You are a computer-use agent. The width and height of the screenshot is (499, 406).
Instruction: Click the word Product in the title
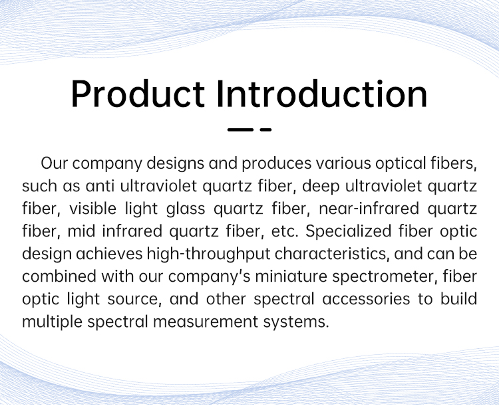point(138,94)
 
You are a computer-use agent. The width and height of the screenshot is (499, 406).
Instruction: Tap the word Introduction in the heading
point(322,94)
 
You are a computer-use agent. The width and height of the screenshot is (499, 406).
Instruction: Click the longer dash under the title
point(240,130)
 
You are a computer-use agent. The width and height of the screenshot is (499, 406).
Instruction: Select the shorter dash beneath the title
point(265,130)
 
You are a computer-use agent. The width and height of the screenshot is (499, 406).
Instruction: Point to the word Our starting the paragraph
point(55,163)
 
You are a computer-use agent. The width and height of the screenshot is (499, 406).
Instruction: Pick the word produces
point(276,163)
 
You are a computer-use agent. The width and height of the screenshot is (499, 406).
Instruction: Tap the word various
point(343,163)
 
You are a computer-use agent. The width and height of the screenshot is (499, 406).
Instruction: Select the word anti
point(100,186)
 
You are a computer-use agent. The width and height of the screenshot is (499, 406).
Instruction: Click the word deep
point(321,187)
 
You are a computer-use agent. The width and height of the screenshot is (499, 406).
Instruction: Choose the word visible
point(92,209)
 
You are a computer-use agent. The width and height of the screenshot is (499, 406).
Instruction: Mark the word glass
point(186,209)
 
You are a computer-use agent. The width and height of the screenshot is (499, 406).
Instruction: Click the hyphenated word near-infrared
point(369,209)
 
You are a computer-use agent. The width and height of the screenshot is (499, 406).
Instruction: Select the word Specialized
point(349,232)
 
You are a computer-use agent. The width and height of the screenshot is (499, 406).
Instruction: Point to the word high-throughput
point(208,254)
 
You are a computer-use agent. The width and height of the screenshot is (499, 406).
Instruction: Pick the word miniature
point(291,276)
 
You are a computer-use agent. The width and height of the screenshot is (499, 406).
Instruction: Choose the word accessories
point(366,300)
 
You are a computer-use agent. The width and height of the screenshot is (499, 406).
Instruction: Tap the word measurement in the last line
point(206,322)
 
